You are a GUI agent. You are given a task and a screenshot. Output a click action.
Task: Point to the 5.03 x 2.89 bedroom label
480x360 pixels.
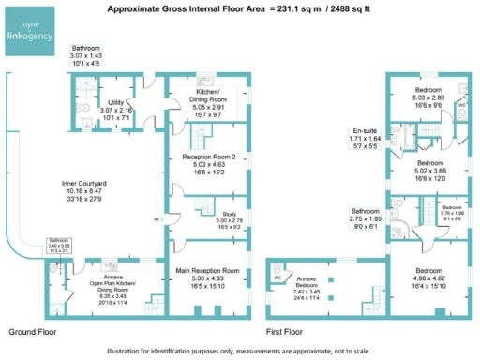click(x=431, y=95)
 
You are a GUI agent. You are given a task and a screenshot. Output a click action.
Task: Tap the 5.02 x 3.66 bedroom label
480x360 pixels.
click(x=431, y=170)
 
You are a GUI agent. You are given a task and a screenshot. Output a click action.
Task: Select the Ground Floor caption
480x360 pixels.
click(x=32, y=333)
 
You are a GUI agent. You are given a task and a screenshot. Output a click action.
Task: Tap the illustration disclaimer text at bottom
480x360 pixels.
click(x=240, y=351)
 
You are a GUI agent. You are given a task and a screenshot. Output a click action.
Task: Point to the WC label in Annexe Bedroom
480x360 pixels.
click(x=278, y=278)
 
